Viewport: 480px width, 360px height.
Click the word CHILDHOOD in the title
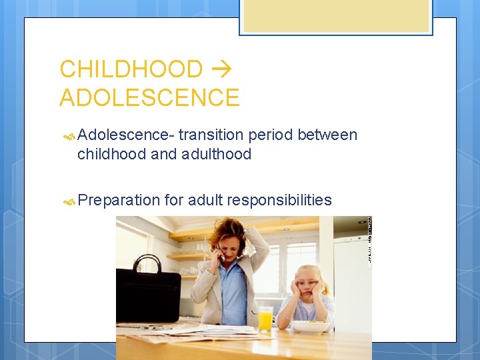131,69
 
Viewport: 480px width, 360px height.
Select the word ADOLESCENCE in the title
149,98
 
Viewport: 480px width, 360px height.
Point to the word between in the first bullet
327,135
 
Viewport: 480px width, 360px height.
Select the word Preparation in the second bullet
119,200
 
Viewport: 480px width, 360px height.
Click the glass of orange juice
265,319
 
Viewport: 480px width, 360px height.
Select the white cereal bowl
310,327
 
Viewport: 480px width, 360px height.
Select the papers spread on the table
200,333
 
